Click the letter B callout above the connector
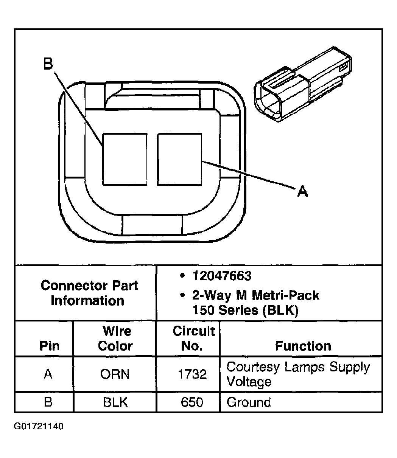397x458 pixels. click(48, 64)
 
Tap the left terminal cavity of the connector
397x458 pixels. click(125, 159)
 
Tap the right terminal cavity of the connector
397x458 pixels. click(179, 159)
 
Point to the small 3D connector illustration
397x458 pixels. click(303, 85)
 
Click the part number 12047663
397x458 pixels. click(221, 276)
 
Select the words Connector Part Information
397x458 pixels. click(89, 293)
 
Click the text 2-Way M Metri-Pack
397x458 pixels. click(256, 295)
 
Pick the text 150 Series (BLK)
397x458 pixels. click(246, 310)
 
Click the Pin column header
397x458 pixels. click(50, 346)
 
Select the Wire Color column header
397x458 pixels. click(115, 338)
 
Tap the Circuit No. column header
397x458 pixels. click(194, 338)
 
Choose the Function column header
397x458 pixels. click(303, 346)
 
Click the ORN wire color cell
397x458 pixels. click(115, 374)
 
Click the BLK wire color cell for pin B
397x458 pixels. click(115, 402)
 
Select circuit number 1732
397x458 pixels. click(192, 374)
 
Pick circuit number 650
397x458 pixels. click(192, 402)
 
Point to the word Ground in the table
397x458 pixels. click(249, 402)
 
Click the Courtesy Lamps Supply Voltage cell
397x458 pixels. click(297, 374)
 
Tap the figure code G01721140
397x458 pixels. click(39, 427)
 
